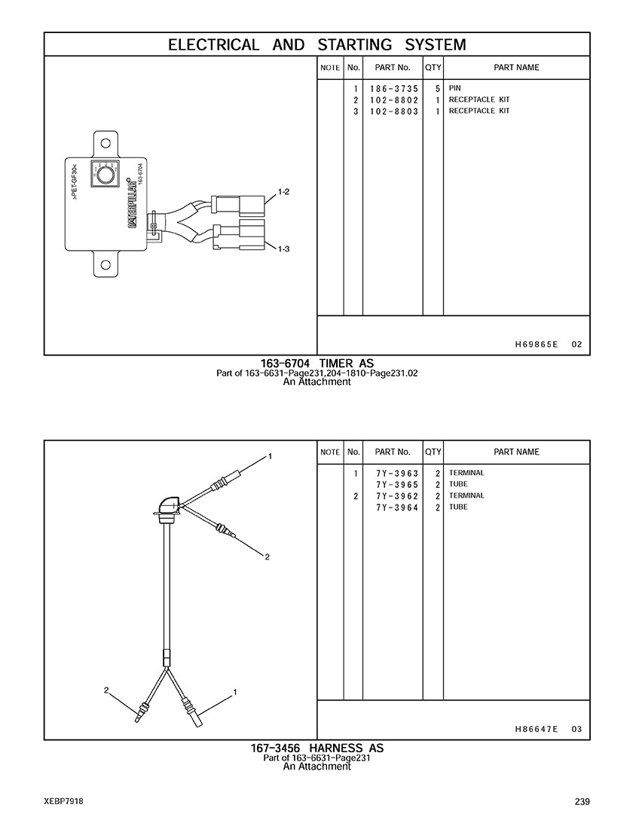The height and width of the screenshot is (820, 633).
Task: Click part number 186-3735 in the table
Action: (394, 89)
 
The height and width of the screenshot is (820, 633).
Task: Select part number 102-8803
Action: (394, 111)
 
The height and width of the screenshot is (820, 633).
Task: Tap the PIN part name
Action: (454, 88)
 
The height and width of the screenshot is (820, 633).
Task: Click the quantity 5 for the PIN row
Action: (438, 89)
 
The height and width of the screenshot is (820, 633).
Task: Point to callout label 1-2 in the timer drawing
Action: (283, 192)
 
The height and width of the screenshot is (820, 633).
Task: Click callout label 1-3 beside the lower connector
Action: (283, 249)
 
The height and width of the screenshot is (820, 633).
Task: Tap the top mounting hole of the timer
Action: (105, 143)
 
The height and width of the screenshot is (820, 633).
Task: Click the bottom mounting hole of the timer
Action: (105, 264)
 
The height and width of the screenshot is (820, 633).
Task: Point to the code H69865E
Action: (536, 345)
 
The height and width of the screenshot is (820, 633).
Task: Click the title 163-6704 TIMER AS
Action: (317, 363)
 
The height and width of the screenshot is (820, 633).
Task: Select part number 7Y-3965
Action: (397, 485)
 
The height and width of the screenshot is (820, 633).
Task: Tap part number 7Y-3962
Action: (397, 496)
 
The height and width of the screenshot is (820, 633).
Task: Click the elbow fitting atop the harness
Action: (168, 506)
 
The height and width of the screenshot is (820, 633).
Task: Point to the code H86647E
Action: (536, 729)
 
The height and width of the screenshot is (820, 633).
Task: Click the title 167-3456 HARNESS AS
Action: (316, 748)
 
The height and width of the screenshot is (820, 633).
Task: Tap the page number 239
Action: (583, 801)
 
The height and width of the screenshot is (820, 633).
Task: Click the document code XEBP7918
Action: (63, 801)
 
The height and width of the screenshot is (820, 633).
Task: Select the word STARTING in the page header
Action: (354, 45)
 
